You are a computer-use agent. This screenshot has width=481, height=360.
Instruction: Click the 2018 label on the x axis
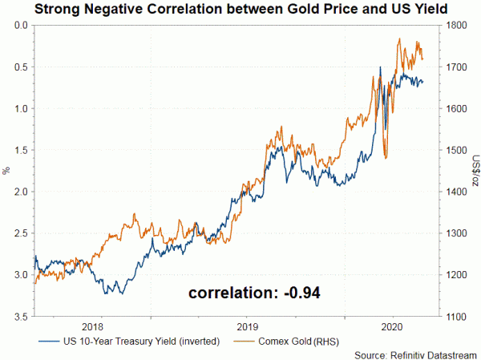93,326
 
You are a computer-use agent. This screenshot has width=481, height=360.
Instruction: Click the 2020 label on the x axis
392,326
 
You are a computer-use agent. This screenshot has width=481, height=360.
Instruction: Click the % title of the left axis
6,171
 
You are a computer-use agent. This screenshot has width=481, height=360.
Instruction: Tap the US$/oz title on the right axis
473,171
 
